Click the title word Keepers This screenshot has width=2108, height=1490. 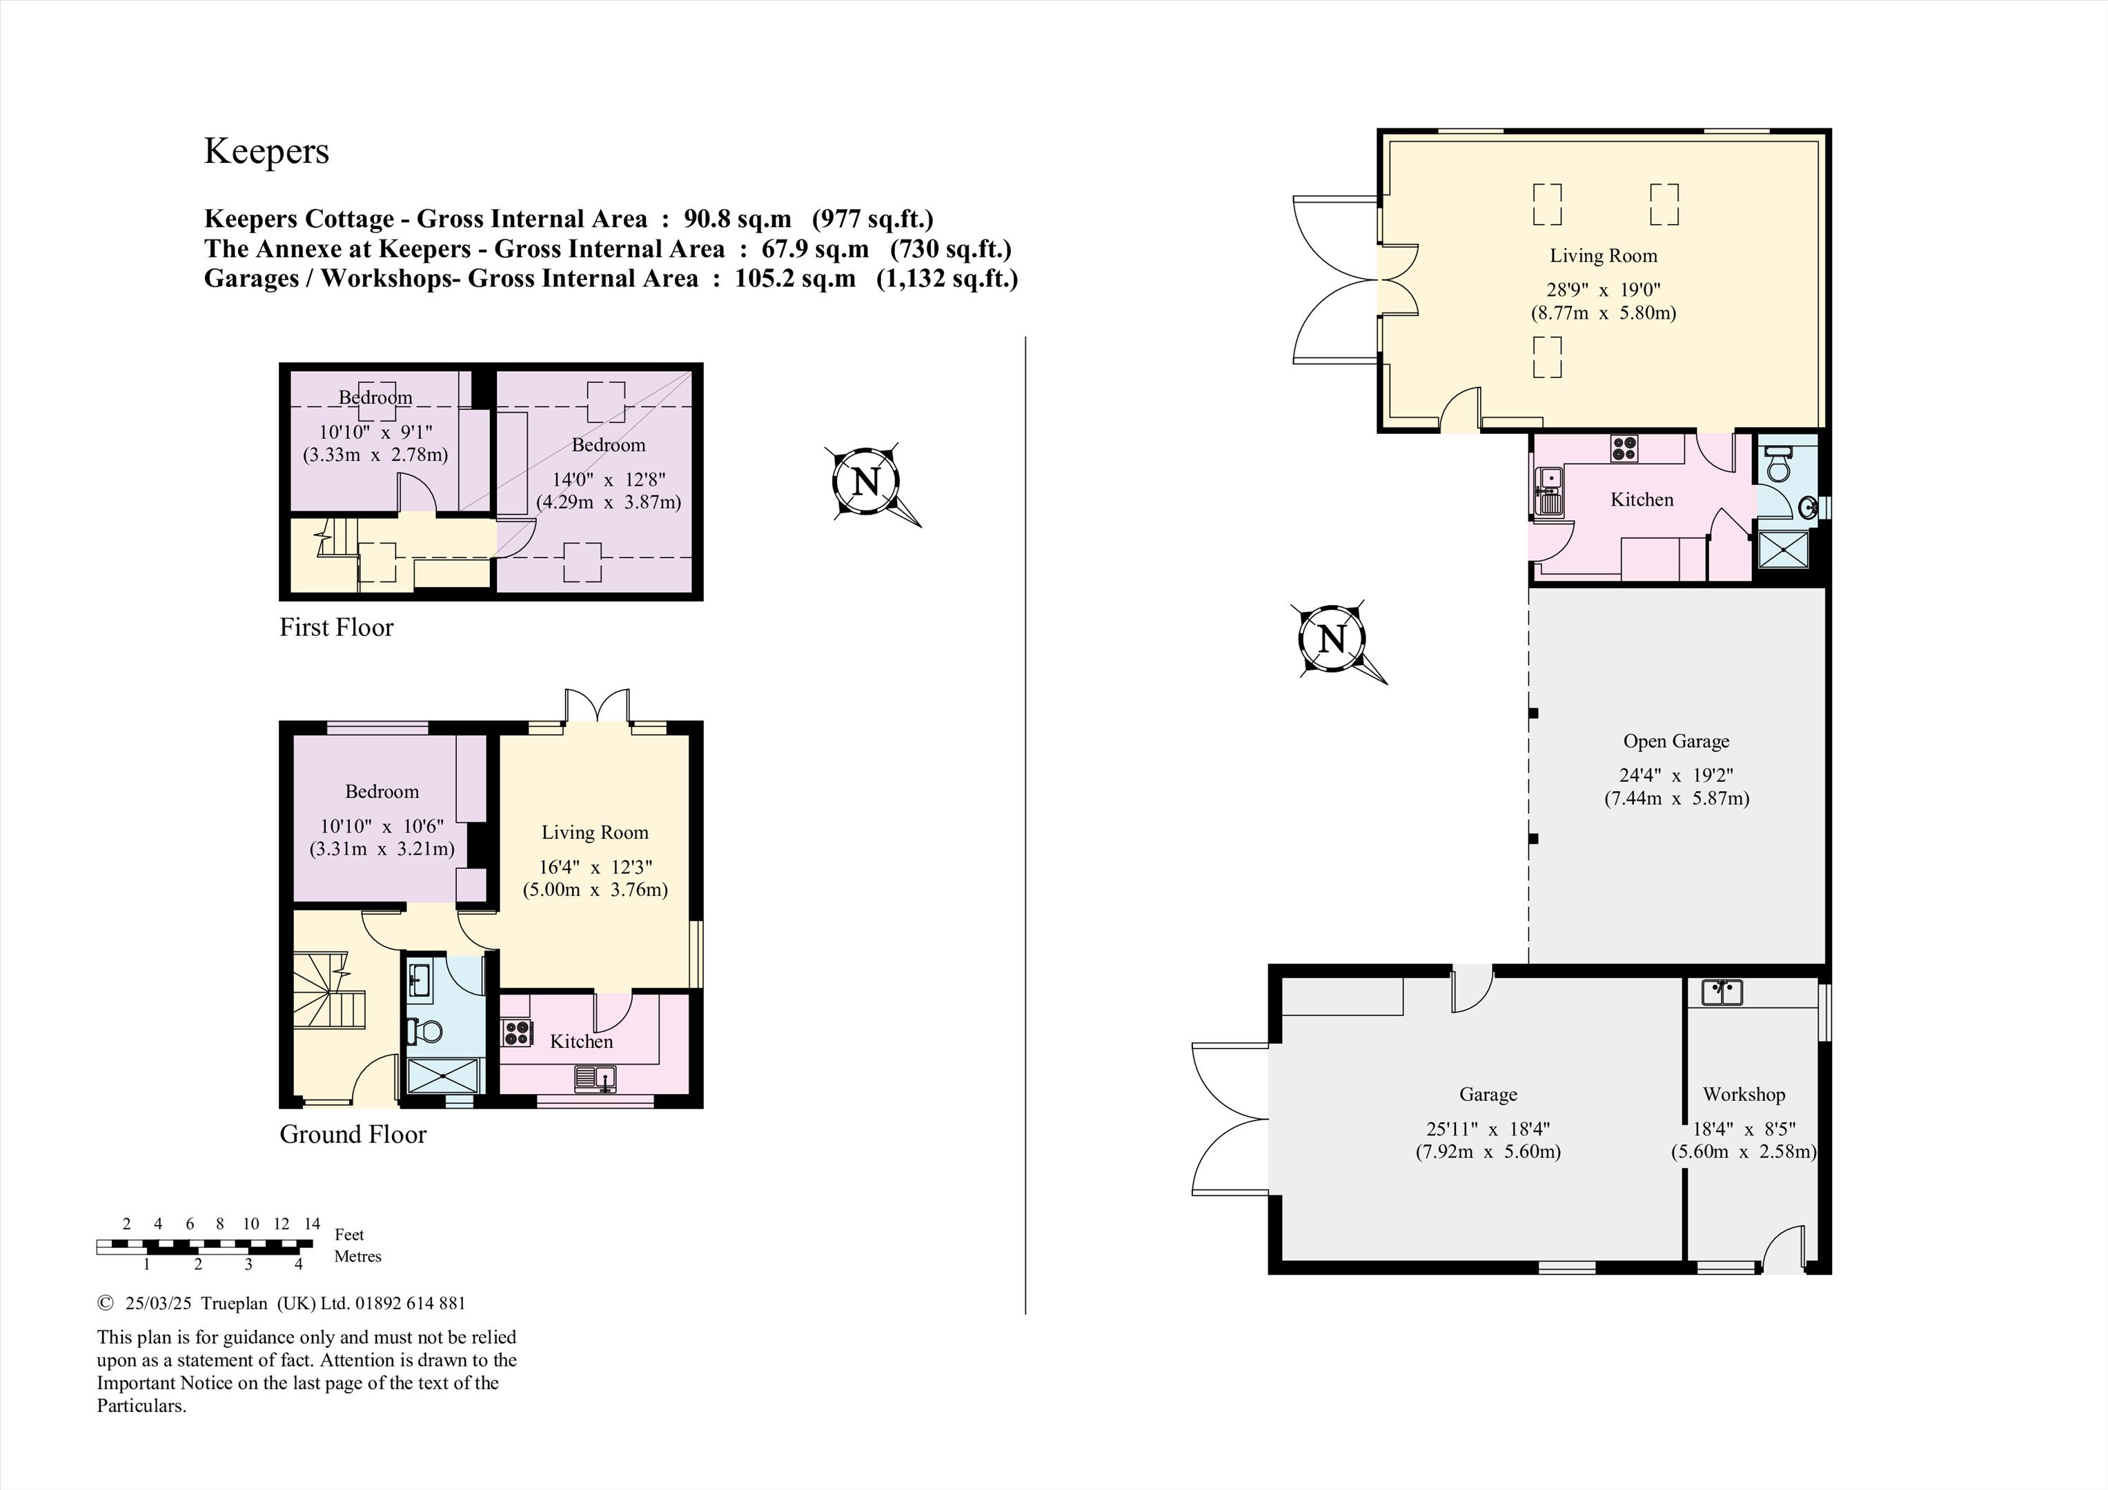(266, 152)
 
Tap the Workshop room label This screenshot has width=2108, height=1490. (1744, 1094)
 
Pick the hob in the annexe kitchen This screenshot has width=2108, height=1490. (1623, 448)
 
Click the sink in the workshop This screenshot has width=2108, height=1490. (1722, 991)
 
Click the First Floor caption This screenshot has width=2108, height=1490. (336, 627)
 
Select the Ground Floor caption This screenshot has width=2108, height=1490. (353, 1135)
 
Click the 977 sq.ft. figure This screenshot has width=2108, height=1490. (872, 219)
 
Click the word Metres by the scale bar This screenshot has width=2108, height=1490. (357, 1256)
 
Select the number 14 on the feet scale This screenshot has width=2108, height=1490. (312, 1223)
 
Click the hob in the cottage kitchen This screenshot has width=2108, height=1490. (516, 1033)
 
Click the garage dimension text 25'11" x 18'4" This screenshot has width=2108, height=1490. (1488, 1129)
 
